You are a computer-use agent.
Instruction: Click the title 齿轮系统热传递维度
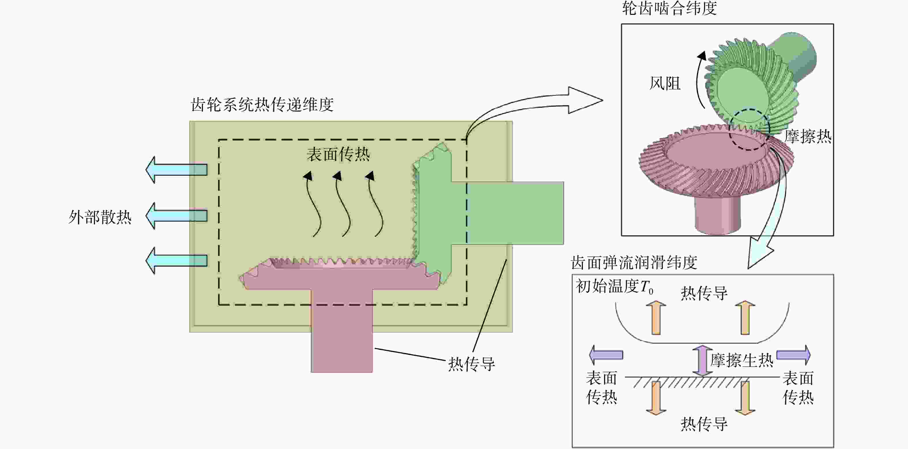[x=262, y=105]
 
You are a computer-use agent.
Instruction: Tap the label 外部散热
[x=100, y=217]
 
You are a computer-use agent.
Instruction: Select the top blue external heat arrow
[x=176, y=169]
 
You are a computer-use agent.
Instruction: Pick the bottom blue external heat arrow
[x=176, y=261]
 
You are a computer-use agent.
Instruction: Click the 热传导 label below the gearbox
[x=472, y=364]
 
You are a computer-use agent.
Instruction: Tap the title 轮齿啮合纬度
[x=669, y=8]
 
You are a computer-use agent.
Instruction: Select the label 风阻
[x=665, y=84]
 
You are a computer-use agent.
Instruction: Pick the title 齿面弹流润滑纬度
[x=634, y=263]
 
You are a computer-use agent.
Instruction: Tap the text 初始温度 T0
[x=614, y=286]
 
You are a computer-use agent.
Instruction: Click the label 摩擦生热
[x=742, y=360]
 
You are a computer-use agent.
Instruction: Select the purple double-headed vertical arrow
[x=702, y=361]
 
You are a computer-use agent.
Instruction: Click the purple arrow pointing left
[x=606, y=355]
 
